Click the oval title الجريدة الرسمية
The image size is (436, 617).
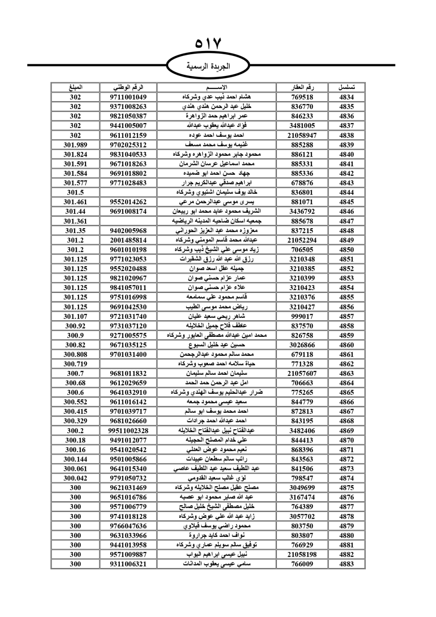(208, 67)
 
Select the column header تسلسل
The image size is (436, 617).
(347, 87)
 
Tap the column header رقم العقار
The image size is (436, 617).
(302, 87)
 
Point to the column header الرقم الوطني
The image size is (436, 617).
(128, 87)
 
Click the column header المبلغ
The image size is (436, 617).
(75, 87)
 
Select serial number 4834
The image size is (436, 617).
(347, 97)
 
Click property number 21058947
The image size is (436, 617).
(302, 135)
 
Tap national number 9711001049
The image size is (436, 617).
(128, 97)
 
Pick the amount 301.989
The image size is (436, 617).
(75, 145)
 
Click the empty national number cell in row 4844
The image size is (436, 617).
(128, 192)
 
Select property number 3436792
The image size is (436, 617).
(302, 212)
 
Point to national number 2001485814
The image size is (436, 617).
(128, 240)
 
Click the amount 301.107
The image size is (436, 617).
(75, 316)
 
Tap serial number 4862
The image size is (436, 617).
(347, 364)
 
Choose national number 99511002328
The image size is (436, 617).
(128, 431)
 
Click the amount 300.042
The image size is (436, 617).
(75, 478)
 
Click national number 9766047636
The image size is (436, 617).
(128, 526)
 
